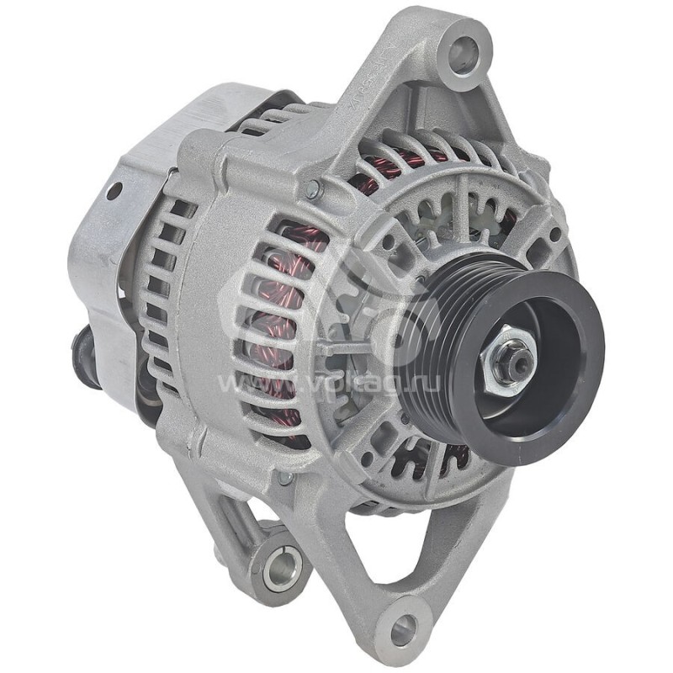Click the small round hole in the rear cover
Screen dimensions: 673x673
coord(113,191)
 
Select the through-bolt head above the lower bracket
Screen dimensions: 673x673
coord(286,477)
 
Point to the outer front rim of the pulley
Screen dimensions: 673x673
coord(580,395)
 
